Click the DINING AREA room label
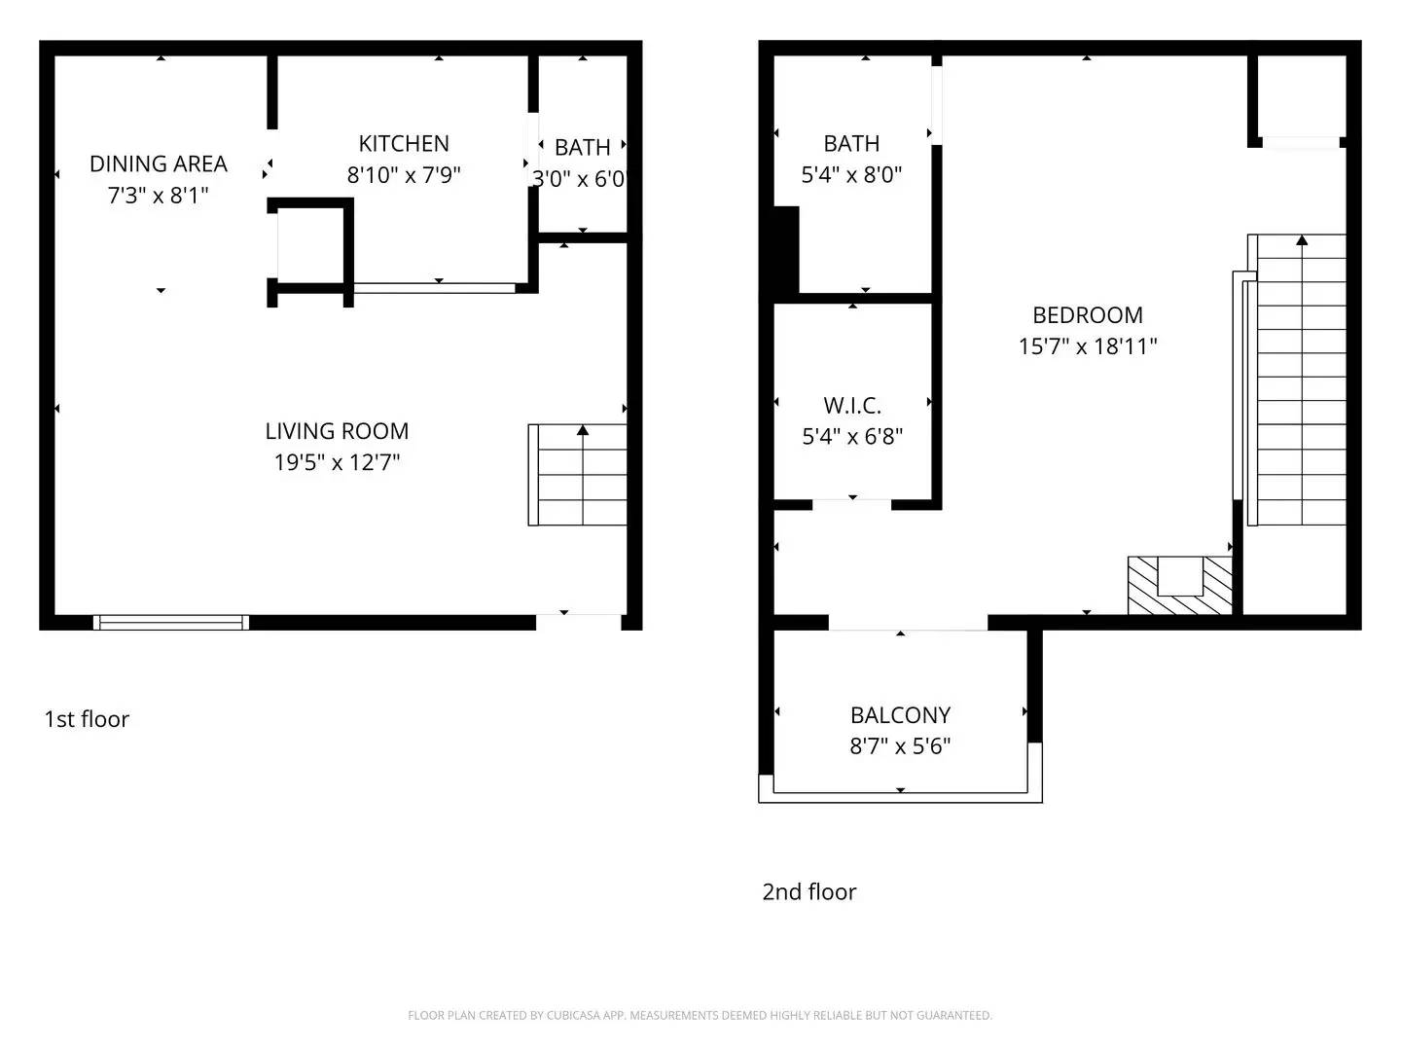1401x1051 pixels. [x=159, y=163]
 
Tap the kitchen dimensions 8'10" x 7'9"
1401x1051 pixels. [x=404, y=175]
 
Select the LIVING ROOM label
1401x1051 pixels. [x=337, y=431]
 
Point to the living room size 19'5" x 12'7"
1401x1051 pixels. [x=337, y=462]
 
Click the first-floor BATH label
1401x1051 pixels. [x=582, y=148]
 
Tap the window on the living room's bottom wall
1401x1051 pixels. [x=171, y=622]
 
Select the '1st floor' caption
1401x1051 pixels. [x=87, y=719]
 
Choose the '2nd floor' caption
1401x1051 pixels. [x=808, y=891]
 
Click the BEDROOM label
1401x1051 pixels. [x=1087, y=315]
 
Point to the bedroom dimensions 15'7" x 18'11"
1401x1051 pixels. [x=1087, y=346]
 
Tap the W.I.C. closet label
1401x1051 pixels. [x=851, y=406]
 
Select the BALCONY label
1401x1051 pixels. [x=900, y=715]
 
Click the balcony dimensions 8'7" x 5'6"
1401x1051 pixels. [x=900, y=746]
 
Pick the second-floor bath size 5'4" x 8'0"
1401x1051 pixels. [x=851, y=175]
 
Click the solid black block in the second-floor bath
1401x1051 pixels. [x=785, y=248]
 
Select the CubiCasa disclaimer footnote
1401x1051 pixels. [x=700, y=1015]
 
